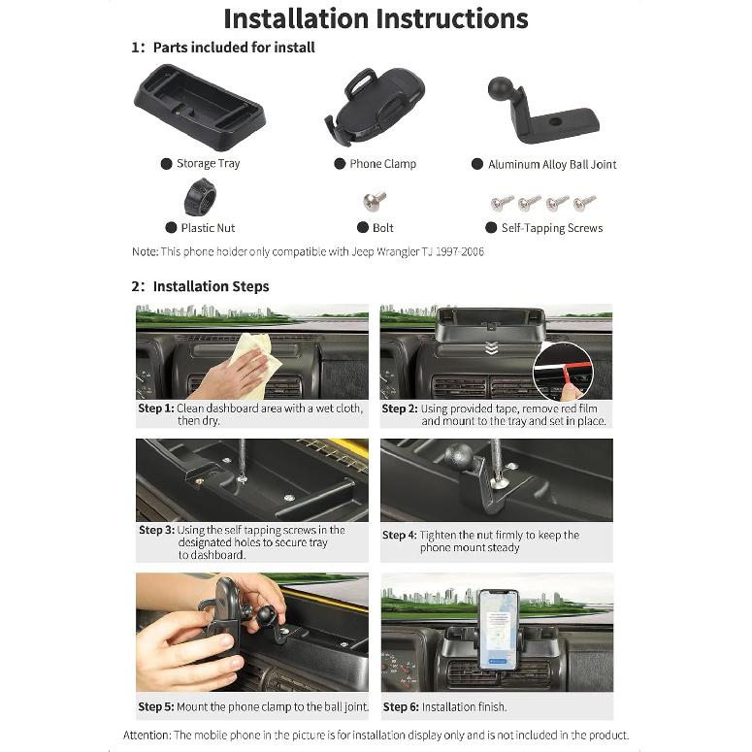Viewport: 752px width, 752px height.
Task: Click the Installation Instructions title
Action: coord(376,19)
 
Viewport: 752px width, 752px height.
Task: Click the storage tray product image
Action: coord(200,108)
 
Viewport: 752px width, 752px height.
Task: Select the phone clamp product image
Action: coord(375,107)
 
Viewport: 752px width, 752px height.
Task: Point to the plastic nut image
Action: coord(200,197)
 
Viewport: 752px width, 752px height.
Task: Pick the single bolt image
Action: coord(375,201)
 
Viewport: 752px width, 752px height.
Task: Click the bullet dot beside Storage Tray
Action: coord(167,164)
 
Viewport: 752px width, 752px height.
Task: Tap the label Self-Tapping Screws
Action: coord(552,228)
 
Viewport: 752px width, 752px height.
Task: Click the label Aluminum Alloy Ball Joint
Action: coord(552,165)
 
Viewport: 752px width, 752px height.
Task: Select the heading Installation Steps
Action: coord(211,286)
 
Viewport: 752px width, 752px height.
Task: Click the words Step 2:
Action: coord(400,409)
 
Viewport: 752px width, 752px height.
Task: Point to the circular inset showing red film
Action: coord(563,372)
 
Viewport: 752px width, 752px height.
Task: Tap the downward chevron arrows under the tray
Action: coord(490,348)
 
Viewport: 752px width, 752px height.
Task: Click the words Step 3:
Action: coord(156,530)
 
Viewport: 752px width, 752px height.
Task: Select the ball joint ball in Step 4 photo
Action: coord(459,456)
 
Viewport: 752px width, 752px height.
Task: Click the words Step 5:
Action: coord(156,706)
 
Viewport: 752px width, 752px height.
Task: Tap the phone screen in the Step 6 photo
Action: coord(499,630)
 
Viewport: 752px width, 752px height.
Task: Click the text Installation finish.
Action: coord(464,707)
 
